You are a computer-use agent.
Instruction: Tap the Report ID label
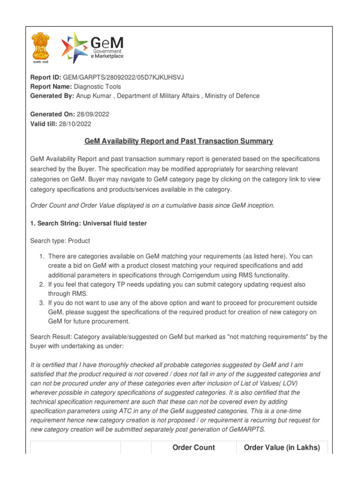[45, 78]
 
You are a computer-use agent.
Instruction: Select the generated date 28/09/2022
[92, 115]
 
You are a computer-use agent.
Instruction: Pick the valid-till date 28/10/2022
[75, 124]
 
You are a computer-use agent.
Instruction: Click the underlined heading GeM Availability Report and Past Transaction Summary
[179, 141]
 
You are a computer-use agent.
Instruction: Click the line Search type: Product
[60, 240]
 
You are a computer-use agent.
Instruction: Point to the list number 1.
[41, 256]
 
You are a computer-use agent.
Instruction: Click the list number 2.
[41, 284]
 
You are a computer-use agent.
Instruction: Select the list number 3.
[41, 303]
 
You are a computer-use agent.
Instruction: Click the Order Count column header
[194, 448]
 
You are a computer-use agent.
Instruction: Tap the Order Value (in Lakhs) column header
[282, 448]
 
